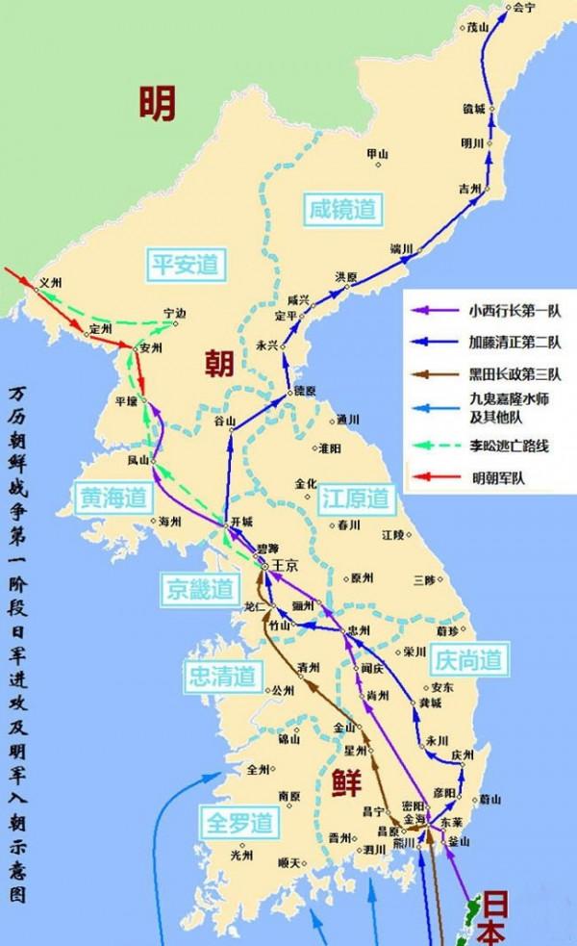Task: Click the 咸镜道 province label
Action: [341, 206]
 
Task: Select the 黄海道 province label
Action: [113, 497]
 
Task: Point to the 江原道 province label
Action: [354, 498]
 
